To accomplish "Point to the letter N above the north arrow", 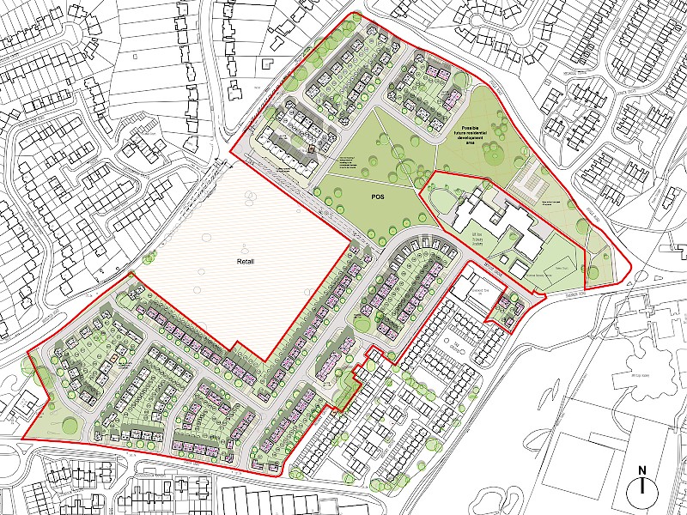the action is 641,470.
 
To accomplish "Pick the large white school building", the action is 507,225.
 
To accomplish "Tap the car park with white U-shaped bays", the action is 530,181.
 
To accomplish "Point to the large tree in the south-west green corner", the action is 39,372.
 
